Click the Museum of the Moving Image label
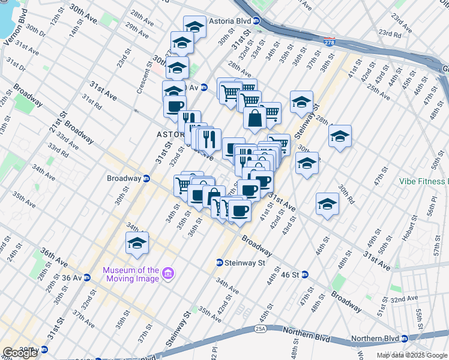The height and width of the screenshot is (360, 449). click(131, 274)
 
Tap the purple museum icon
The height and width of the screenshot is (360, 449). click(169, 274)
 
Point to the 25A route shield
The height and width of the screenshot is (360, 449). click(259, 328)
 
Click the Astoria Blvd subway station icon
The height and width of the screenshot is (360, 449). click(256, 20)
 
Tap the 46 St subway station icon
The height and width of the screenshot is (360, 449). click(304, 275)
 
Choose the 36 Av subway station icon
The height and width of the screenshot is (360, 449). click(87, 278)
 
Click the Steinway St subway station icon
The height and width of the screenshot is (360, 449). click(220, 263)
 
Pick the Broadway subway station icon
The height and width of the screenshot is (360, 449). click(146, 178)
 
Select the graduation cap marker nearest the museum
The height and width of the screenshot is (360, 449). click(137, 242)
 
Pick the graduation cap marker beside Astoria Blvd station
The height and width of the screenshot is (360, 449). click(194, 26)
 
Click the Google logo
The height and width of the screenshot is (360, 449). click(20, 353)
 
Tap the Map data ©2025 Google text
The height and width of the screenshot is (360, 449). click(412, 355)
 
